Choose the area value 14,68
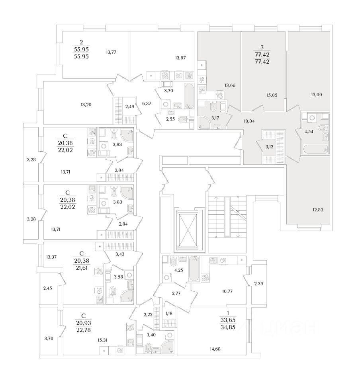pos(215,349)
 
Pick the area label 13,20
pos(86,105)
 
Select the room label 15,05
pos(272,95)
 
